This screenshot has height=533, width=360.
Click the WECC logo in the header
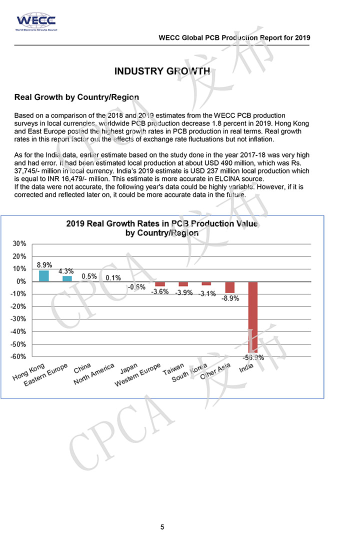coord(35,22)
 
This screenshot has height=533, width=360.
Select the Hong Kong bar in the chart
coord(44,275)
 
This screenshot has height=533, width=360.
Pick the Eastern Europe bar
coord(67,278)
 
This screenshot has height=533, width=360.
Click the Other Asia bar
coord(230,287)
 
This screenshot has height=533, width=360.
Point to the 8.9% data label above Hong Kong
coord(44,265)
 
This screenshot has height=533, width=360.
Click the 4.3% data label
coord(66,271)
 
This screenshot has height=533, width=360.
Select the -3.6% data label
coord(159,292)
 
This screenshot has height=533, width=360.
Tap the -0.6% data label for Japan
coord(136,287)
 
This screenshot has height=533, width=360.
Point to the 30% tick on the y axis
coord(19,244)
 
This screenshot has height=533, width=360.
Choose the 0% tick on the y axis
coord(21,281)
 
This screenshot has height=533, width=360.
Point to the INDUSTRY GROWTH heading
coord(161,71)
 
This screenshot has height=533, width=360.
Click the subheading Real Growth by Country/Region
coord(76,96)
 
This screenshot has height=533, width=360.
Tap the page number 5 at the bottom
coord(162,526)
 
